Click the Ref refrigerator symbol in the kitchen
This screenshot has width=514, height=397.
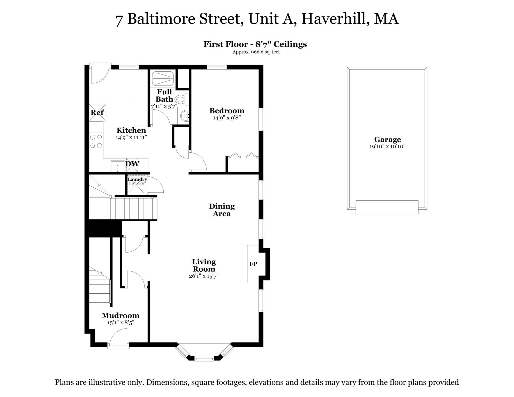97,112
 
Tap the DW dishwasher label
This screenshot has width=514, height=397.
132,164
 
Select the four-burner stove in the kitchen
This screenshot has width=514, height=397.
96,141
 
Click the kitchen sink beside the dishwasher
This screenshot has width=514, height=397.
117,166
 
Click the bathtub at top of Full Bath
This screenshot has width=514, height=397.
163,78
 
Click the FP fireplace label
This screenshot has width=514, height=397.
253,264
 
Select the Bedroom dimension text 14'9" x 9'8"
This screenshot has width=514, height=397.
227,118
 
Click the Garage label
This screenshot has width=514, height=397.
387,140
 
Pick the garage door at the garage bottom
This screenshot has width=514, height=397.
387,207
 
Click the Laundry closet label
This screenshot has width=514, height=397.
137,179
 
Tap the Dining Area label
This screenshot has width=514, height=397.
222,210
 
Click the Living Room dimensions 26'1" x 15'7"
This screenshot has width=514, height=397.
204,276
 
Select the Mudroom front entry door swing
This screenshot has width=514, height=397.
118,337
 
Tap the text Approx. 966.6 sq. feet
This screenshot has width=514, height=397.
256,52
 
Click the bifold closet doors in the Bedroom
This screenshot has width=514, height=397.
243,155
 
